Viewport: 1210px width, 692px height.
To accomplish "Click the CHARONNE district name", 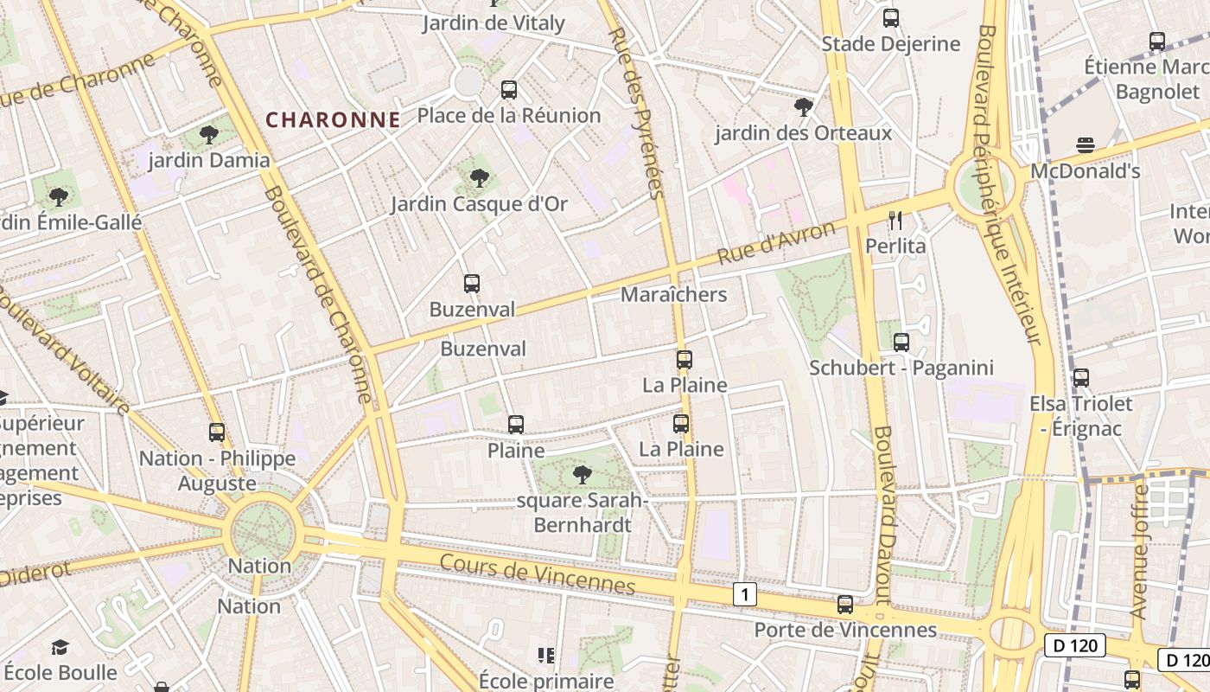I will [333, 120].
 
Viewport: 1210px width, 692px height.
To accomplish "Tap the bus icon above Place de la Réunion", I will [509, 89].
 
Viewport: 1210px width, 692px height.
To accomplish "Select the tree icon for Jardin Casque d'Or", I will [479, 178].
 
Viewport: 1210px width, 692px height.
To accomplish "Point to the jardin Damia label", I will [209, 160].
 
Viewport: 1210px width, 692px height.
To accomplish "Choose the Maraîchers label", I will [673, 295].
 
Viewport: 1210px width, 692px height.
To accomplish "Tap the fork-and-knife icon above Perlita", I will [895, 221].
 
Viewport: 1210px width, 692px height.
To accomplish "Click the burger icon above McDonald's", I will [1086, 145].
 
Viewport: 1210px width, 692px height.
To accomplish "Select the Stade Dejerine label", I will [890, 44].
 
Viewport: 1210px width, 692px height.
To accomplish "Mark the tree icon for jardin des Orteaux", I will [803, 107].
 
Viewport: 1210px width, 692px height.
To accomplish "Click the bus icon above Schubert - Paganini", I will [901, 343].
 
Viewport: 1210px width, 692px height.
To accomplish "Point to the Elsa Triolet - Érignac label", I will [1080, 416].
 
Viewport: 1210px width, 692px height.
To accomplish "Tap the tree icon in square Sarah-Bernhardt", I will [583, 474].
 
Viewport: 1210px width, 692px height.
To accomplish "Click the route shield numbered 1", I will [745, 594].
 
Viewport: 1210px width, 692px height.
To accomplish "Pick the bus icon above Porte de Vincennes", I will [845, 605].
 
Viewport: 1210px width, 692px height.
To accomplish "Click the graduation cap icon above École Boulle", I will [60, 647].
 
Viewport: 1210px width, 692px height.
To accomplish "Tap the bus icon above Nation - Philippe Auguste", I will [217, 432].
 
